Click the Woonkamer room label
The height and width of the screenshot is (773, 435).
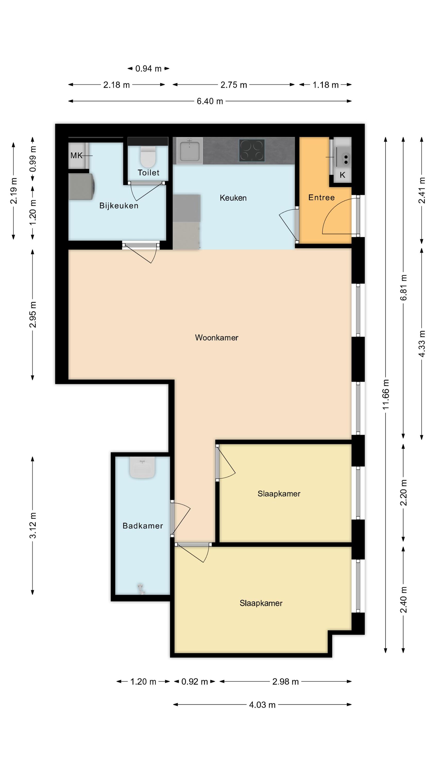click(216, 338)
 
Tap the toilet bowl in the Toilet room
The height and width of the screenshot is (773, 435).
click(148, 156)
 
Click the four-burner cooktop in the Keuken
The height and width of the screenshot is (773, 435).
click(252, 150)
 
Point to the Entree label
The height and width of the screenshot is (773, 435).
click(321, 197)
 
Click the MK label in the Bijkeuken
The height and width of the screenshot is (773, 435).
click(76, 155)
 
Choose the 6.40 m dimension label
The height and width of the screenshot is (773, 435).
click(210, 101)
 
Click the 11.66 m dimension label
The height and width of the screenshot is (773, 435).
click(386, 394)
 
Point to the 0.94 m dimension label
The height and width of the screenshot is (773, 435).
click(148, 69)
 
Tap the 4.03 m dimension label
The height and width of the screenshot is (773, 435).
click(262, 704)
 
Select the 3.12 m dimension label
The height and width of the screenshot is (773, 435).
click(32, 525)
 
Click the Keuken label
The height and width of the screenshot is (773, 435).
click(233, 198)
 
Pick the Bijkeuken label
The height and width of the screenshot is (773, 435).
click(119, 206)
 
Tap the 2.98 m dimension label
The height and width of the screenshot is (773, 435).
click(285, 682)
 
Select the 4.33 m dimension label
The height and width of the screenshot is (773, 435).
click(422, 343)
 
